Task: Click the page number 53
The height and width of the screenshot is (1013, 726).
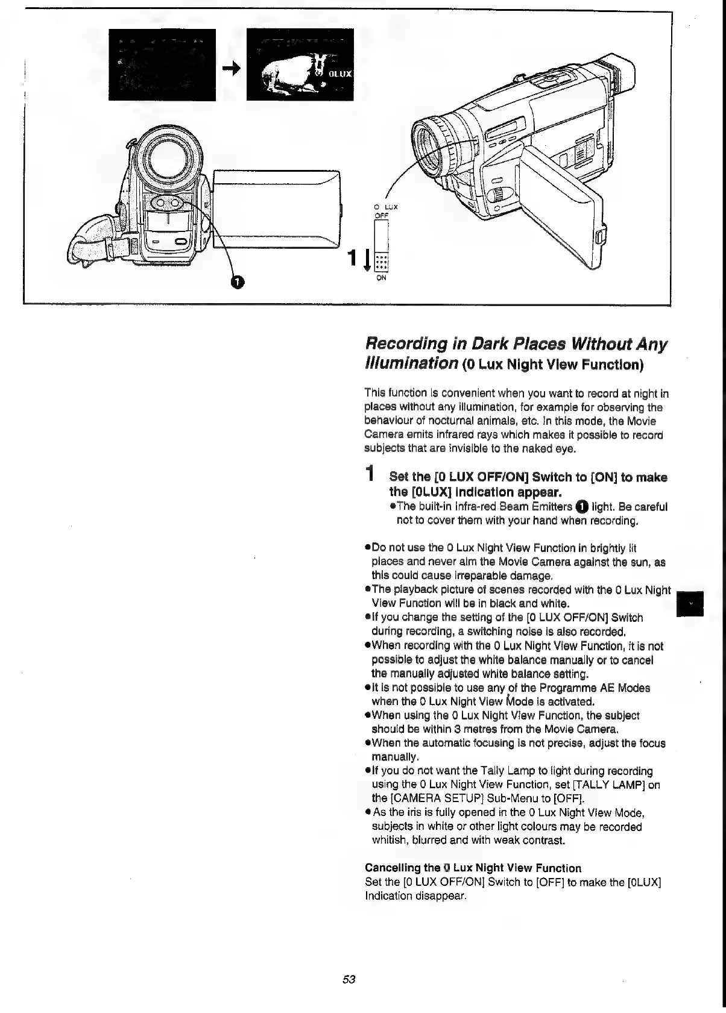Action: tap(349, 979)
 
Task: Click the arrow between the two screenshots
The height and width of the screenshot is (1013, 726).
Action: tap(232, 69)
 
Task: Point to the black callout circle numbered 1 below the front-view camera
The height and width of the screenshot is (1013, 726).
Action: tap(239, 282)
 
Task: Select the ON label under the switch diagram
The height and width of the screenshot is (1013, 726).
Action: tap(382, 278)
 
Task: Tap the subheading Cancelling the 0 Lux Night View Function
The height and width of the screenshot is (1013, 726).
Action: tap(473, 868)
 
